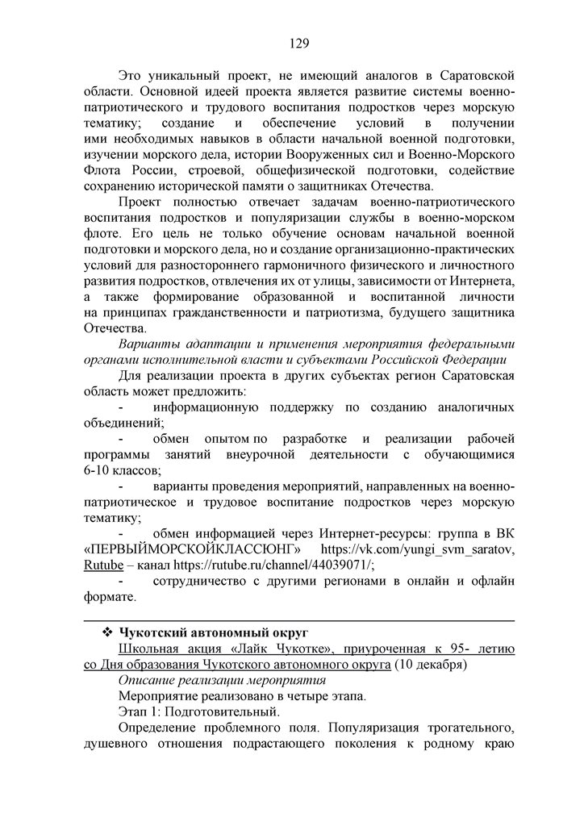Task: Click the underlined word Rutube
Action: coord(103,565)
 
